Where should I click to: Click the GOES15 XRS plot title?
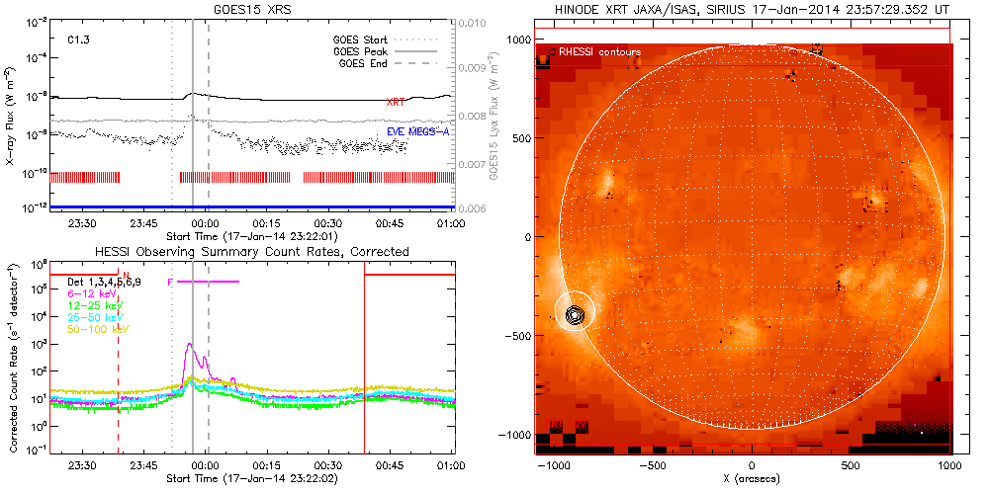click(x=251, y=9)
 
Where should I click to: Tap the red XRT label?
click(x=395, y=102)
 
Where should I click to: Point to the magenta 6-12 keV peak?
click(x=189, y=346)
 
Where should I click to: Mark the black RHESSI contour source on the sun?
click(x=574, y=315)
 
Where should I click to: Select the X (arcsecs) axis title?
click(x=752, y=478)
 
